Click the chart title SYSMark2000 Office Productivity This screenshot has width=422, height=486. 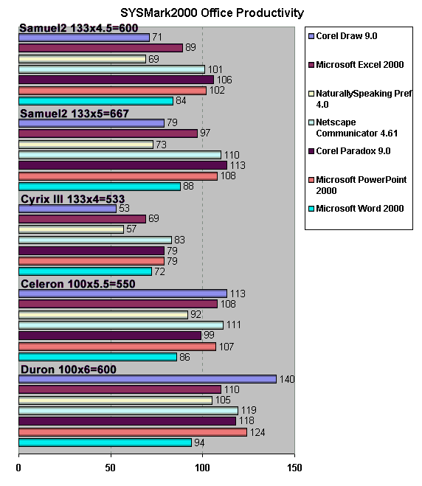pyautogui.click(x=212, y=13)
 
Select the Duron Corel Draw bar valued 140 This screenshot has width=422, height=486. pyautogui.click(x=148, y=379)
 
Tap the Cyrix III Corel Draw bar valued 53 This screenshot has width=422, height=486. pyautogui.click(x=68, y=209)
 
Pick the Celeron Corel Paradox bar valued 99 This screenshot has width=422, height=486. pyautogui.click(x=110, y=336)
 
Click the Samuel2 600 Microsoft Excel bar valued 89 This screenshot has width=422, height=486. pyautogui.click(x=101, y=48)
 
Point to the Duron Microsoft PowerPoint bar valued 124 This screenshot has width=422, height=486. pyautogui.click(x=133, y=432)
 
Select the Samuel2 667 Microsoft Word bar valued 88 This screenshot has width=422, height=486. pyautogui.click(x=100, y=187)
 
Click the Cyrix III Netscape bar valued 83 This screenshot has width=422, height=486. pyautogui.click(x=95, y=240)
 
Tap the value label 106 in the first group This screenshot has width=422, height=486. pyautogui.click(x=224, y=80)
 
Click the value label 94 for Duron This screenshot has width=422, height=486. pyautogui.click(x=199, y=442)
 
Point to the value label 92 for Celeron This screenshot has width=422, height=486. pyautogui.click(x=196, y=314)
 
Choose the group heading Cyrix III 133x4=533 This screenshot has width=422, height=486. pyautogui.click(x=72, y=199)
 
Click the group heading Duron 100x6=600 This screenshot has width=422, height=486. pyautogui.click(x=69, y=369)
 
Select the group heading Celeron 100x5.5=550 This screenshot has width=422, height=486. pyautogui.click(x=77, y=284)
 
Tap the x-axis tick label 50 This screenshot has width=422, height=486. pyautogui.click(x=111, y=468)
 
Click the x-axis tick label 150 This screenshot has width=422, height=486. pyautogui.click(x=294, y=468)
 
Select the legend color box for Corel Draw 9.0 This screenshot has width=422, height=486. pyautogui.click(x=311, y=36)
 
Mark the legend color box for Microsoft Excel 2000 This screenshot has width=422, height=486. pyautogui.click(x=311, y=65)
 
